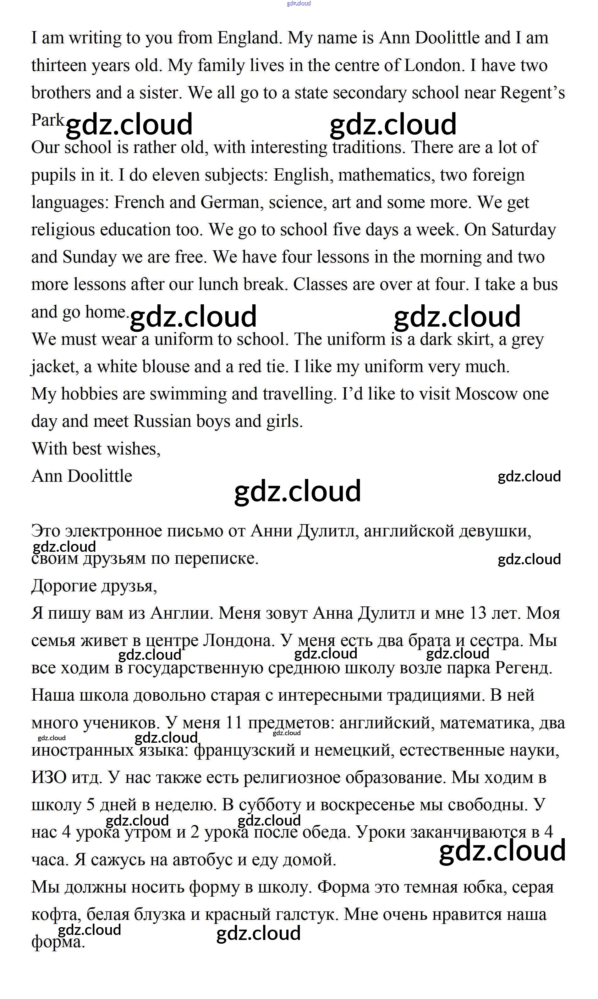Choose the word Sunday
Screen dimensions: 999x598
point(90,257)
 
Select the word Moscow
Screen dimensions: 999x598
point(486,394)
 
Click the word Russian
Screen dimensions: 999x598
point(162,421)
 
